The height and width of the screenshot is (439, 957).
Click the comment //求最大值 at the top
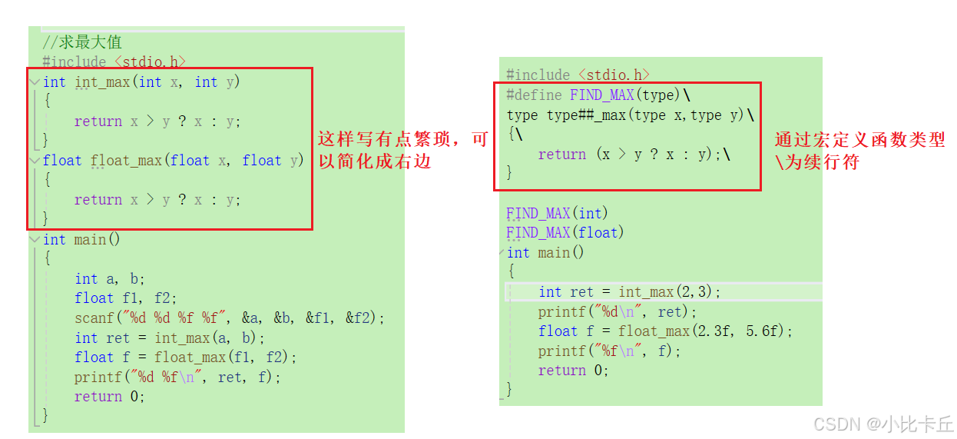click(82, 42)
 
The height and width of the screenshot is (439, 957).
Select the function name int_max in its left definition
click(102, 82)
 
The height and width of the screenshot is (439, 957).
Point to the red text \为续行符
click(816, 162)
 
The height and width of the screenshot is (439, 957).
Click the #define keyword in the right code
click(535, 95)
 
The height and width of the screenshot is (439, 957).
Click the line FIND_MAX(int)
click(557, 213)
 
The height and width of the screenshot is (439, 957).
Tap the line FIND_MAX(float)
click(565, 232)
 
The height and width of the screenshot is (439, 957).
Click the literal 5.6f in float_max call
click(766, 331)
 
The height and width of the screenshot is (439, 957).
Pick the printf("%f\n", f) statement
click(609, 351)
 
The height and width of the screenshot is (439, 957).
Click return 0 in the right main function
click(573, 371)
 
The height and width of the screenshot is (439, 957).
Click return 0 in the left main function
click(109, 397)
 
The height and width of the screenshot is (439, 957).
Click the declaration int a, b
click(110, 279)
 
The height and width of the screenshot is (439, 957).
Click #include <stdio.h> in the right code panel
click(578, 75)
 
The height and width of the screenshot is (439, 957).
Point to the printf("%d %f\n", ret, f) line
click(177, 377)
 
